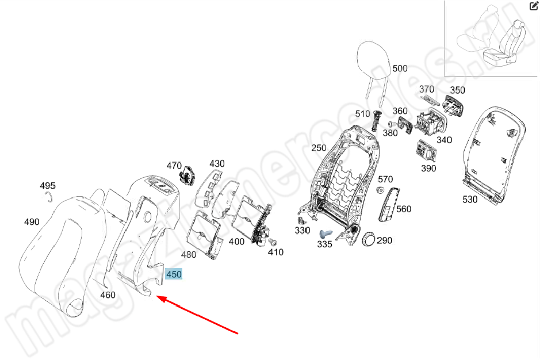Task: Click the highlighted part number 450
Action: pyautogui.click(x=174, y=274)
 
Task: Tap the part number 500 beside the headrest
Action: pyautogui.click(x=400, y=68)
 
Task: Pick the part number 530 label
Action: pyautogui.click(x=470, y=200)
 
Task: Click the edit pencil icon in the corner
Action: pyautogui.click(x=533, y=6)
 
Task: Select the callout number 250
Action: pyautogui.click(x=319, y=148)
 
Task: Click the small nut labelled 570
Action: pyautogui.click(x=380, y=190)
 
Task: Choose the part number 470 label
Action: pyautogui.click(x=174, y=166)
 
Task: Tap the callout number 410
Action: pyautogui.click(x=275, y=252)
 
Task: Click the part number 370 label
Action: pyautogui.click(x=427, y=89)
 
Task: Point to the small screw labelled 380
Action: pyautogui.click(x=390, y=123)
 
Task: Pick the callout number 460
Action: pyautogui.click(x=108, y=295)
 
